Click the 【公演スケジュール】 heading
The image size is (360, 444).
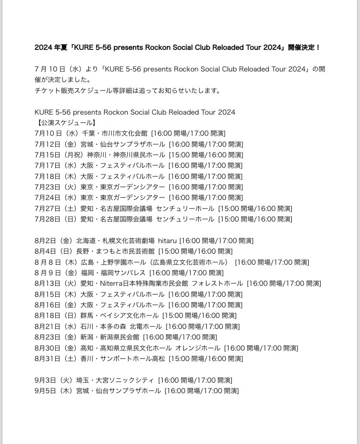click(64, 122)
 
